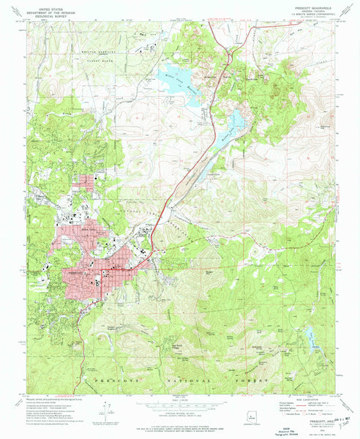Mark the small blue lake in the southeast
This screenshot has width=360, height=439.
tap(312, 338)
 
